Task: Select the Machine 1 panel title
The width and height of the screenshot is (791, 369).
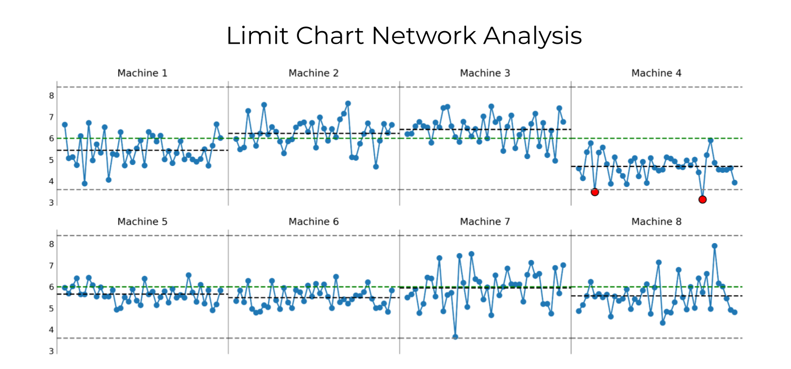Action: click(x=142, y=73)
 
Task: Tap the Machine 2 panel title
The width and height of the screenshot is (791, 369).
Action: click(x=314, y=73)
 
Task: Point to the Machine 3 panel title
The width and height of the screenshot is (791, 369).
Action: click(x=485, y=73)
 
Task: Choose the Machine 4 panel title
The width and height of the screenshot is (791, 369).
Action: click(x=657, y=73)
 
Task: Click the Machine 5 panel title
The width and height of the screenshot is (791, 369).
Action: click(x=142, y=222)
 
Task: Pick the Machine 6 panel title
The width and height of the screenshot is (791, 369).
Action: click(x=314, y=222)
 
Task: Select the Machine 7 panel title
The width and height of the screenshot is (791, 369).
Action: click(x=485, y=222)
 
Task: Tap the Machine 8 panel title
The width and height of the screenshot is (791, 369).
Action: click(x=657, y=222)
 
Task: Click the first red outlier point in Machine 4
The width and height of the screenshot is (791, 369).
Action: click(x=595, y=192)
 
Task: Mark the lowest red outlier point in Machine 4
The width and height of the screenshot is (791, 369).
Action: click(x=702, y=199)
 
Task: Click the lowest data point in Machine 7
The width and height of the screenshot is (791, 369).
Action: click(x=455, y=337)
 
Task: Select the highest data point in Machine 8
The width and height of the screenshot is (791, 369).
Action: click(x=715, y=246)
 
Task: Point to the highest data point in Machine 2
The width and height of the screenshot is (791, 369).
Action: click(x=348, y=103)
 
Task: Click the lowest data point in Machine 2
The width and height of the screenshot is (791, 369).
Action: click(x=376, y=167)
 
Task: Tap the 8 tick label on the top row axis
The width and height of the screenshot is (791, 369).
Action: click(x=52, y=96)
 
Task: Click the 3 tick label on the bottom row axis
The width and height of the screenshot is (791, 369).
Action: click(x=52, y=351)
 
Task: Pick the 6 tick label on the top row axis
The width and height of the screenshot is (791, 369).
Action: click(x=52, y=139)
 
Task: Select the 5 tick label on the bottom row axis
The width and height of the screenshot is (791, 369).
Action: click(x=52, y=308)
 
